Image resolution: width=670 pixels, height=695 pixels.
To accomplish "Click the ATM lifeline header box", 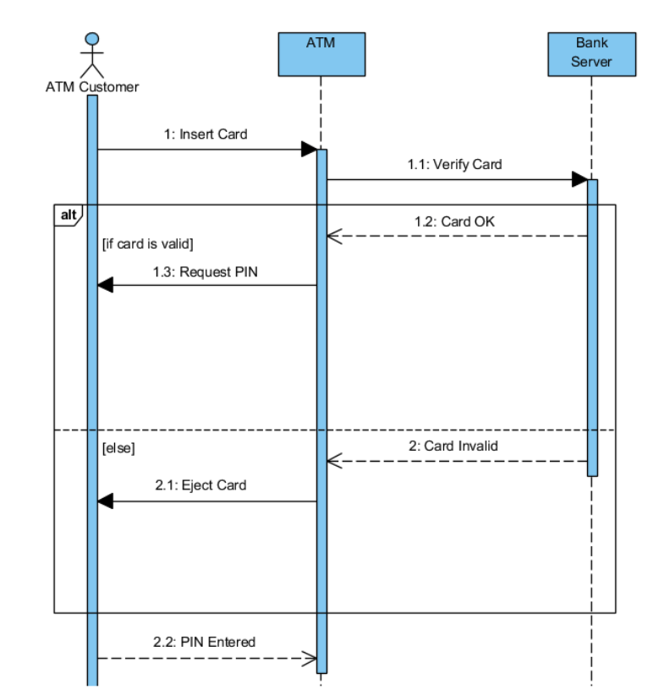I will coord(321,54).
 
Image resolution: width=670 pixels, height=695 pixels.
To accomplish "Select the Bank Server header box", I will coord(590,54).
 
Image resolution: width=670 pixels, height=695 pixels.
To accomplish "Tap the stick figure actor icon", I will coord(91,54).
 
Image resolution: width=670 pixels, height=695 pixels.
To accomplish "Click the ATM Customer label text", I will coord(91,86).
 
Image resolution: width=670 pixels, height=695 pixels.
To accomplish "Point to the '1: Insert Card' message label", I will coord(206,134).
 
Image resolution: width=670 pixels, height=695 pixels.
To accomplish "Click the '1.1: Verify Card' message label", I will coord(454,164).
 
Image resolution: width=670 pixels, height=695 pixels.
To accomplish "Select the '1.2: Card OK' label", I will coord(454,222).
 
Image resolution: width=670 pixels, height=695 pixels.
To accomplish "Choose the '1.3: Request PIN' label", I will coord(206,271).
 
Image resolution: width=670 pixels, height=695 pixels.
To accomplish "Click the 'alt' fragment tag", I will coord(67,215).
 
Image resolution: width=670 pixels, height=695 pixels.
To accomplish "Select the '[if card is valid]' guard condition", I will coord(147,244).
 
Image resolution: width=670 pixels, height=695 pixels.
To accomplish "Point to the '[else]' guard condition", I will coord(118,449).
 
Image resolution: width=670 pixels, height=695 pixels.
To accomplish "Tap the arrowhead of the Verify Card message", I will coord(579,179).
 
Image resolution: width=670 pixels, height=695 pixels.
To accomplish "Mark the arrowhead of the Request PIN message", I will coord(105,286).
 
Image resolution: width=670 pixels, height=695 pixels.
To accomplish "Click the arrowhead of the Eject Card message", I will coord(105,501).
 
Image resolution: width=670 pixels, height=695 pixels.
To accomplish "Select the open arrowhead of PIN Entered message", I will coord(310,658).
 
